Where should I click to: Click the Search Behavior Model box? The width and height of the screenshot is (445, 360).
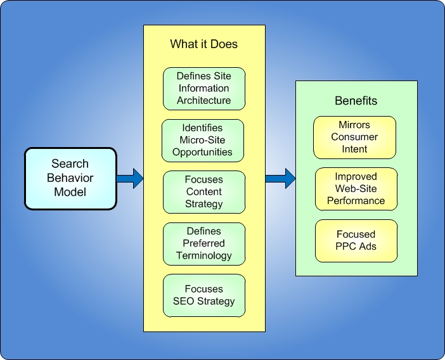point(70,178)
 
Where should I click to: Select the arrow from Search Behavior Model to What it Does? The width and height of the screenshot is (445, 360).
point(130,178)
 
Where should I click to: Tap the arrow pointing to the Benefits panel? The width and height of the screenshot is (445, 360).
point(280,178)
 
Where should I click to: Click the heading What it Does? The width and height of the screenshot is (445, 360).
point(204,44)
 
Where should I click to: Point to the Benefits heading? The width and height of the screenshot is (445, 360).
point(356,101)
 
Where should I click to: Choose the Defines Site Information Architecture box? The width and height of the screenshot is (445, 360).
point(204,89)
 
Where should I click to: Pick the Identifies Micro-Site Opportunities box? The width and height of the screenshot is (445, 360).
point(203,140)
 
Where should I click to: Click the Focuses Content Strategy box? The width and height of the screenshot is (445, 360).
point(204,191)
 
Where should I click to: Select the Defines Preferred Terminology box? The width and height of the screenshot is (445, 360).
point(204,243)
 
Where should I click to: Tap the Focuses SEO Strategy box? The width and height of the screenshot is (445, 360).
point(204,295)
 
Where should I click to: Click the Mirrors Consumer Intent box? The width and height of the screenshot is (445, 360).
point(354,137)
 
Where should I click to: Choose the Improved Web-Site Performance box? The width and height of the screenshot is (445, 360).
point(356,189)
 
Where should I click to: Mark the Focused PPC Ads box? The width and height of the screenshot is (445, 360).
point(356,240)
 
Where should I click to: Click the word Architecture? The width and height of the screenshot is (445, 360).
point(204,101)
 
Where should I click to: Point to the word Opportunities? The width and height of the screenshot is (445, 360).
point(203,152)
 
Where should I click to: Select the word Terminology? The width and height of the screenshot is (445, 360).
point(204,255)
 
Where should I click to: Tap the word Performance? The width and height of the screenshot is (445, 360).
point(356,201)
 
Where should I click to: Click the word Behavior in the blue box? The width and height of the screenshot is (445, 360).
point(70,178)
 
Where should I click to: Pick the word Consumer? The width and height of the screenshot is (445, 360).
point(354,137)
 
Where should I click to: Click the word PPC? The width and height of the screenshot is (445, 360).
point(346,247)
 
